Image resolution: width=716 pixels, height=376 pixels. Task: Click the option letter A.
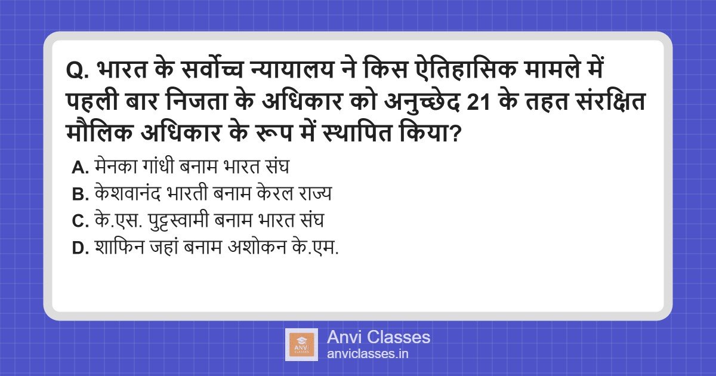[80, 167]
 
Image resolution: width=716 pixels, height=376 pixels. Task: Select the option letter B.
[80, 195]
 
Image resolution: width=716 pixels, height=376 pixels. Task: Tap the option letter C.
[80, 221]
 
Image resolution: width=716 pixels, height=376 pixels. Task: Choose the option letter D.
[80, 248]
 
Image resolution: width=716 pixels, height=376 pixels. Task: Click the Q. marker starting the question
[78, 71]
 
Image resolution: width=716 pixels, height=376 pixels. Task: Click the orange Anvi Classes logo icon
[301, 345]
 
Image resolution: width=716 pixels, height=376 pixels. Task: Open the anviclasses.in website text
[368, 354]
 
